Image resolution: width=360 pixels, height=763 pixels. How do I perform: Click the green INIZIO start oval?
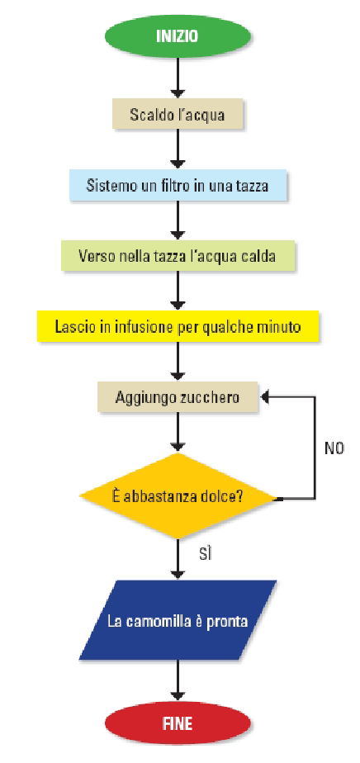pos(178,36)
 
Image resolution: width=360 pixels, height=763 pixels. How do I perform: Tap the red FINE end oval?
pos(178,723)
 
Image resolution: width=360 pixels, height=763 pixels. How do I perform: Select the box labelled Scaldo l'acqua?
pos(177,114)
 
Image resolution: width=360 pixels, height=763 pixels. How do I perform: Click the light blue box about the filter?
pos(177,186)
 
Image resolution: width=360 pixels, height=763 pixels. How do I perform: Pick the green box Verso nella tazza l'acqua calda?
pos(177,255)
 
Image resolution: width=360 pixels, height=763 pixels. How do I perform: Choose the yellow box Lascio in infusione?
pos(178,326)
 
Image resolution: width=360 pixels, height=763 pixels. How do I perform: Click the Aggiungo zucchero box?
pos(177,397)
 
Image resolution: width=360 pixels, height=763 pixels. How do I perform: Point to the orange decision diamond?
pos(178,496)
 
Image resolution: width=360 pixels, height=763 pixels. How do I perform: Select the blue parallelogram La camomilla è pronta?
pos(178,620)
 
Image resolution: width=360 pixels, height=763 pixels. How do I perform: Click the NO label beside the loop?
pos(334,448)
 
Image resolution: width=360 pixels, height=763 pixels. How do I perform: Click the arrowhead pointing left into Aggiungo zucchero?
pos(265,397)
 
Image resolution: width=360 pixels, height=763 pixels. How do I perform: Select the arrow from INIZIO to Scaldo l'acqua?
pos(178,78)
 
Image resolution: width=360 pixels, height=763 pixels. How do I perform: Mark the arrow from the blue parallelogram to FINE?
pos(178,680)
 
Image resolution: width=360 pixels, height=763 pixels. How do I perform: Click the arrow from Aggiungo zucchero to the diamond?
pos(178,433)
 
